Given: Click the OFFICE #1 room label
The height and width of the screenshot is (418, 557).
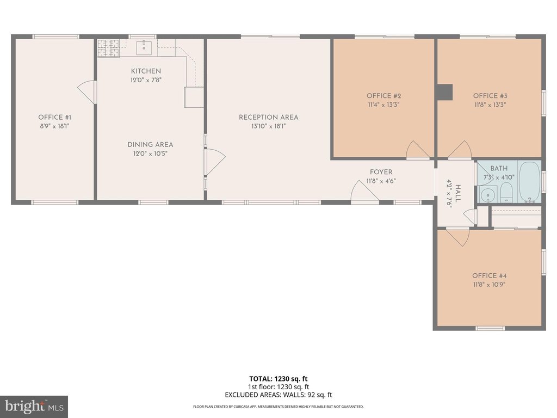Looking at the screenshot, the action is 55,118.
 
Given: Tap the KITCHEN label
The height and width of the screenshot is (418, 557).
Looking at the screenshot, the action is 146,71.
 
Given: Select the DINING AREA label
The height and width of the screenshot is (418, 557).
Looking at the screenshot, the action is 150,145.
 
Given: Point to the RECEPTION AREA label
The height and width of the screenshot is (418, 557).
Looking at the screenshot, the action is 269,118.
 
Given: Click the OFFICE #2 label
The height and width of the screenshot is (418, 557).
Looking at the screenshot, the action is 383,96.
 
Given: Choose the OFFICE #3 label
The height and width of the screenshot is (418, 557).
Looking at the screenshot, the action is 490,96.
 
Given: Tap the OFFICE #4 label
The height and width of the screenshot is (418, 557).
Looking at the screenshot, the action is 489,276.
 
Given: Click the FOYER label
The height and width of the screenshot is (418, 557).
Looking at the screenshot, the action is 381,172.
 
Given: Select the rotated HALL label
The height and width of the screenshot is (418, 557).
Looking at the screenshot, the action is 458,194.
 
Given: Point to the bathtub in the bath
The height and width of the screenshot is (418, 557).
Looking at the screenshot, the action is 530,182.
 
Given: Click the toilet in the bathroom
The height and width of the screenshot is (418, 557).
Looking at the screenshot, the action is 506,192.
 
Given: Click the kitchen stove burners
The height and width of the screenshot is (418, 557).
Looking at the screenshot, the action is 108,48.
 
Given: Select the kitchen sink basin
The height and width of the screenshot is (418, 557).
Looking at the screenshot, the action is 144,48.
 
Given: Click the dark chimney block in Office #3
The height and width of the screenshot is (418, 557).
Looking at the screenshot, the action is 444,91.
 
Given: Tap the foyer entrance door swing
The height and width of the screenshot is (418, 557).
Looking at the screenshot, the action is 364,192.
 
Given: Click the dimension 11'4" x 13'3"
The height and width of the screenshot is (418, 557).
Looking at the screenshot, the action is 383,105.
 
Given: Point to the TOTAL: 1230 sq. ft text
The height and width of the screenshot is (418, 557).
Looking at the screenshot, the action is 278,379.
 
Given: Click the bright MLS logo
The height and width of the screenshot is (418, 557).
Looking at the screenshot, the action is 34,406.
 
